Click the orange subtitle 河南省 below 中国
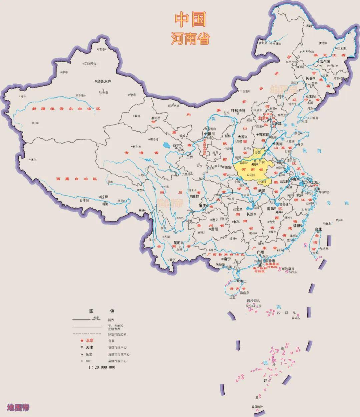(x=191, y=39)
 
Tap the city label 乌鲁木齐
(x=104, y=81)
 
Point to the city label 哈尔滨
(x=324, y=61)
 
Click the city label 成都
(x=195, y=197)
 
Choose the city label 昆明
(x=177, y=243)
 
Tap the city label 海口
(x=243, y=281)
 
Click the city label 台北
(x=318, y=229)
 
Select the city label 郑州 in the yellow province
(x=255, y=164)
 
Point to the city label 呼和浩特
(x=238, y=111)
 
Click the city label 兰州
(x=190, y=157)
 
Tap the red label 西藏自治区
(x=76, y=179)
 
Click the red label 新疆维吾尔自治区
(x=66, y=109)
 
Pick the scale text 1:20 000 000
(x=102, y=367)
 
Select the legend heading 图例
(x=102, y=311)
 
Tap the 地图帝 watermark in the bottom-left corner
(x=18, y=407)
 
